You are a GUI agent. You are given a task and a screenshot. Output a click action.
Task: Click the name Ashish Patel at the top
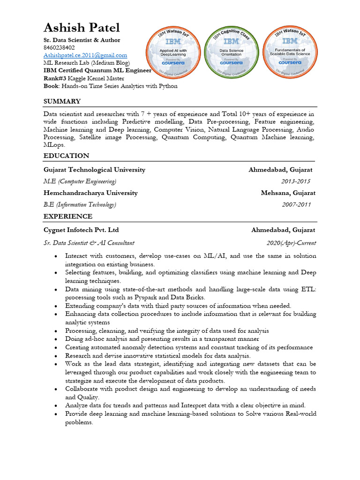click(82, 28)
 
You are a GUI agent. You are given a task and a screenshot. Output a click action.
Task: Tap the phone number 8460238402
click(59, 47)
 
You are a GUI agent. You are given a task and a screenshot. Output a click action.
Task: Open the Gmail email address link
click(85, 55)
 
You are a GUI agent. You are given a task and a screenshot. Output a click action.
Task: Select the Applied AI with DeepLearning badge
click(174, 51)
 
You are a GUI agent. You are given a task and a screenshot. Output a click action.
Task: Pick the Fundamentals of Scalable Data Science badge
click(290, 51)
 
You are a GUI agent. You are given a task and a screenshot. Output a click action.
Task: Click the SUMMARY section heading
click(62, 101)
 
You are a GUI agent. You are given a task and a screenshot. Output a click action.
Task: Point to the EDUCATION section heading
click(66, 156)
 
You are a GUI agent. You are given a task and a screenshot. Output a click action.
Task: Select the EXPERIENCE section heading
click(68, 216)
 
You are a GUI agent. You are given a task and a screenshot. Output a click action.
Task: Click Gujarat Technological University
click(94, 170)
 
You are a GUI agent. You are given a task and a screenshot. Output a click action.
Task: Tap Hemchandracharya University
click(90, 193)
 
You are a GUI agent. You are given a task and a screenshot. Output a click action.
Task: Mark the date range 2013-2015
click(295, 181)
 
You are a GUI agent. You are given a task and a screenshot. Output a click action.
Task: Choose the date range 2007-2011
click(296, 204)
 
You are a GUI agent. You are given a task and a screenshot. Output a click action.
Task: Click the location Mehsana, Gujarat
click(288, 193)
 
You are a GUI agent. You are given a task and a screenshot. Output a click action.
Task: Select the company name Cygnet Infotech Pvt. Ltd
click(81, 230)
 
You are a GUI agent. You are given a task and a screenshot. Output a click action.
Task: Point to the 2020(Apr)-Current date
click(291, 243)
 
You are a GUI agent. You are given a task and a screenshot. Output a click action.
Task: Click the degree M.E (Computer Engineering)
click(80, 181)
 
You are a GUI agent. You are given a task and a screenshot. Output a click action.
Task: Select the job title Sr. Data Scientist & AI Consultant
click(89, 243)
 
